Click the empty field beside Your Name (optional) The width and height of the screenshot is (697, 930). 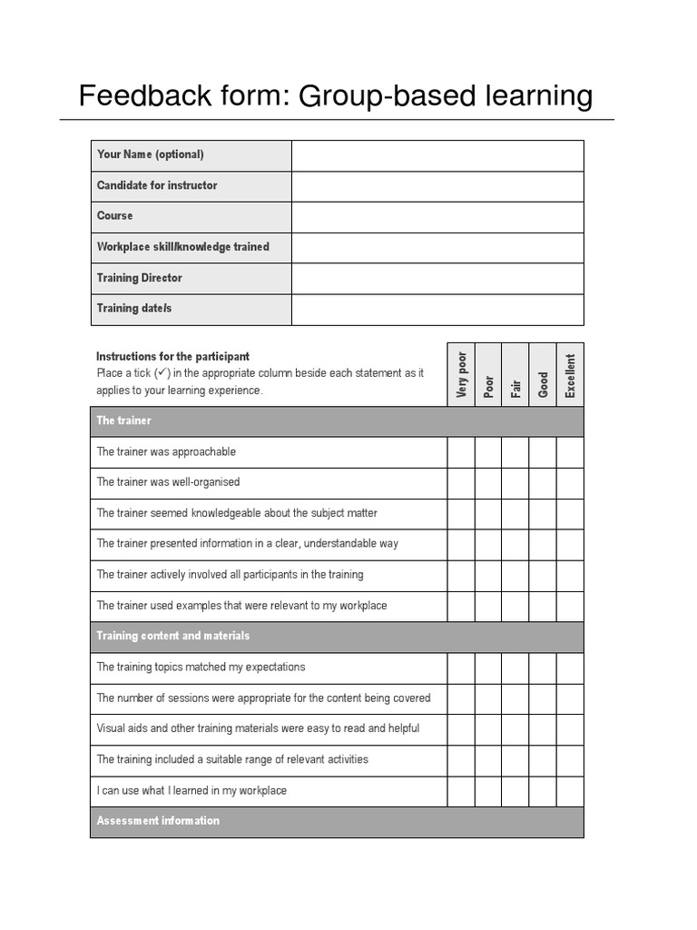click(x=437, y=155)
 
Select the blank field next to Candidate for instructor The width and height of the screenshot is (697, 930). click(x=437, y=186)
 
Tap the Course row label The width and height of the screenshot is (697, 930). click(x=115, y=216)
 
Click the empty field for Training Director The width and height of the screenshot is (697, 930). click(x=437, y=279)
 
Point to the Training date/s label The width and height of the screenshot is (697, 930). click(x=134, y=309)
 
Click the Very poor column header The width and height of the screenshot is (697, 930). click(x=461, y=374)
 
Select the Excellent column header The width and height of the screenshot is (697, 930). click(x=570, y=374)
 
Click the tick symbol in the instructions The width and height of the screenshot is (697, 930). click(x=162, y=372)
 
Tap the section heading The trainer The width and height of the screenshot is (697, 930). click(x=124, y=421)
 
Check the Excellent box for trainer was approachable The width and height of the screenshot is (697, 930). click(x=570, y=452)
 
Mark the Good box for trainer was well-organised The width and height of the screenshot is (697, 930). click(x=543, y=483)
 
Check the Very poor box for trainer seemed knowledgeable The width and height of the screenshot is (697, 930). click(x=461, y=514)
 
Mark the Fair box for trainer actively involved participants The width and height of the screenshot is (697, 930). click(x=515, y=576)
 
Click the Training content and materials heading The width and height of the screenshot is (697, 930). click(x=173, y=637)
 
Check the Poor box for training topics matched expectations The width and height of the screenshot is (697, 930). click(x=488, y=668)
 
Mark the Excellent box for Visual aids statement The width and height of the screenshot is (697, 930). click(x=570, y=730)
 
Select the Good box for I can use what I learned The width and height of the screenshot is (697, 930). click(x=543, y=792)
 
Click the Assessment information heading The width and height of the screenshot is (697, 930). click(x=159, y=822)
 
